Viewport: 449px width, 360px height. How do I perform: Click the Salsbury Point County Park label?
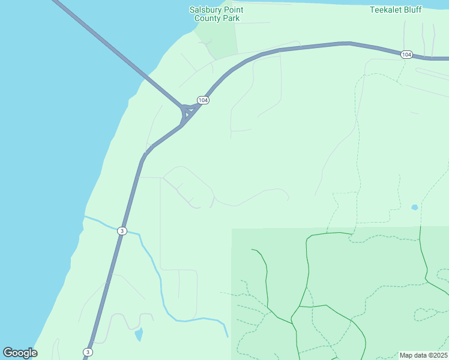point(217,14)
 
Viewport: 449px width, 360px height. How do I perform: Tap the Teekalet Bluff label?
point(395,10)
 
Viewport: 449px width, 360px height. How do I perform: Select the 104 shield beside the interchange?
point(203,100)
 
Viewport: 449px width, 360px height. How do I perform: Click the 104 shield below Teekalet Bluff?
point(406,55)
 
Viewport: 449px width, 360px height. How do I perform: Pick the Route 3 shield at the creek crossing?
point(122,231)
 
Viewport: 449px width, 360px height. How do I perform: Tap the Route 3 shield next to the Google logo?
point(88,352)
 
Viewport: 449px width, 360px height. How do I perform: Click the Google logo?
point(20,353)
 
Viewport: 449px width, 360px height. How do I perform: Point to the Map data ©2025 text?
point(423,355)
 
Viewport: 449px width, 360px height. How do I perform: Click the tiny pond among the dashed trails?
point(414,208)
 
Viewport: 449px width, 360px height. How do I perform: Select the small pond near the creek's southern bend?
point(139,334)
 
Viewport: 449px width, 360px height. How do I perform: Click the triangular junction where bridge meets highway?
point(187,112)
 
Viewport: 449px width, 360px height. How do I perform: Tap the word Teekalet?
point(385,10)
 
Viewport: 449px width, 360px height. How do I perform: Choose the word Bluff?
point(412,10)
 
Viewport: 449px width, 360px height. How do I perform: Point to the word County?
point(208,18)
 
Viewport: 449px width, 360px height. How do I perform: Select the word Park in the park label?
point(231,18)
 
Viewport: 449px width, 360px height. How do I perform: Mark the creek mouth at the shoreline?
point(85,216)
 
